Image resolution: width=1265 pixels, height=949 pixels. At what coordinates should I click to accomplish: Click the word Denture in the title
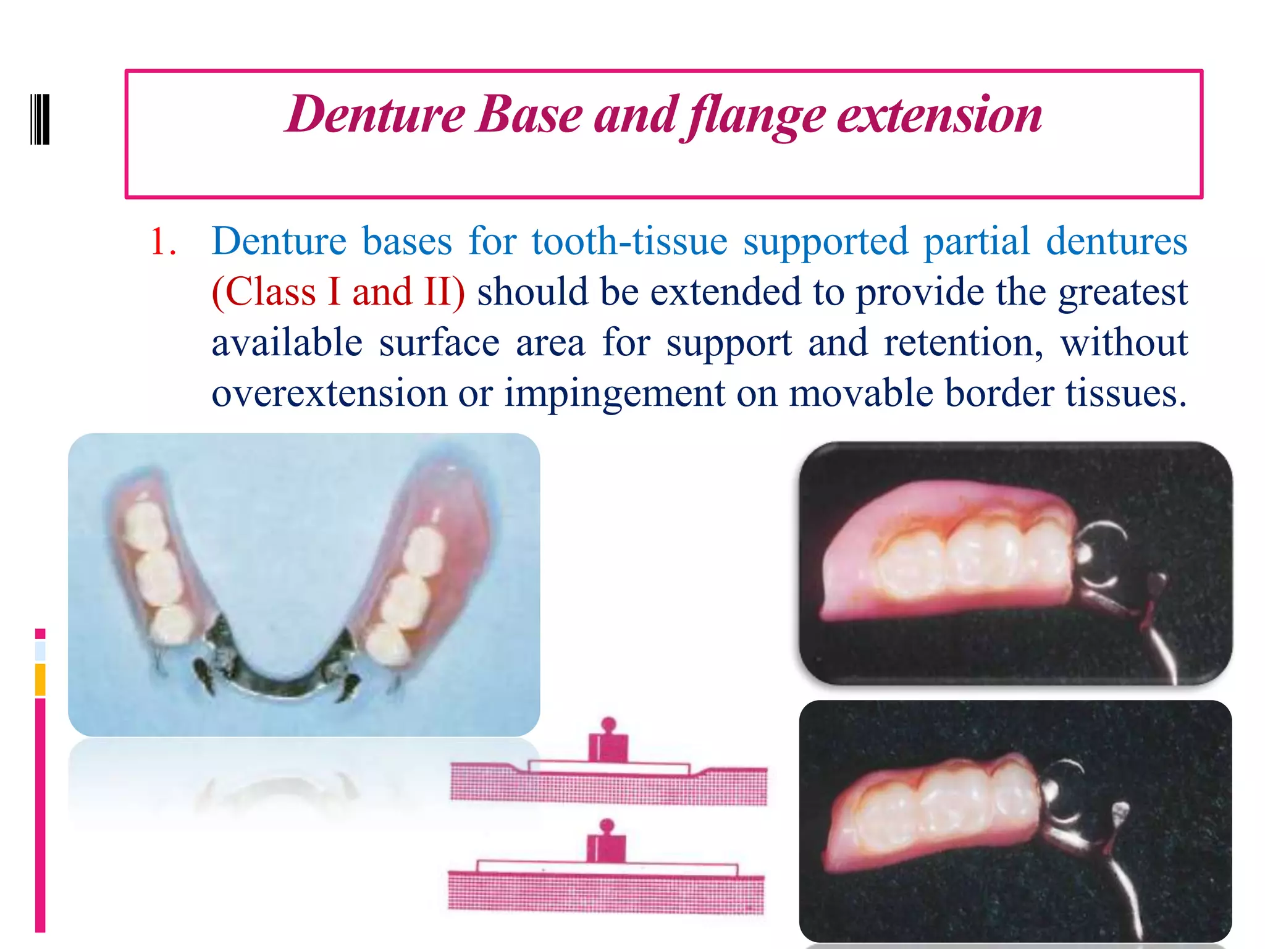click(374, 115)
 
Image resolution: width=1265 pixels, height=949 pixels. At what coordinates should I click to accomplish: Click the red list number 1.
click(162, 241)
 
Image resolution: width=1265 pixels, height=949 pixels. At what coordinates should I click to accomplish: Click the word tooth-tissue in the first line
click(629, 241)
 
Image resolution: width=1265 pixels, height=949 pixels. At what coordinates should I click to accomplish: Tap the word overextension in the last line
click(329, 393)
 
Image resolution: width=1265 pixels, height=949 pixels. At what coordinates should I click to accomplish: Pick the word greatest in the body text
click(1122, 292)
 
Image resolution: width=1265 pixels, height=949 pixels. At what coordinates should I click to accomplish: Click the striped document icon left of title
click(40, 119)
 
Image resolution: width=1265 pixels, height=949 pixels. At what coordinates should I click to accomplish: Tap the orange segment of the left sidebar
click(40, 680)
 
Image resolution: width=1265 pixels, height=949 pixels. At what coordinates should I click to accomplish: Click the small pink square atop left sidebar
click(40, 633)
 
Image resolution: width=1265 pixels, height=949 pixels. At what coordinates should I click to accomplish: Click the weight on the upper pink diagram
click(608, 744)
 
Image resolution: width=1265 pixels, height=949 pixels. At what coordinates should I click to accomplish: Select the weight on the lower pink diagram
click(606, 844)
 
